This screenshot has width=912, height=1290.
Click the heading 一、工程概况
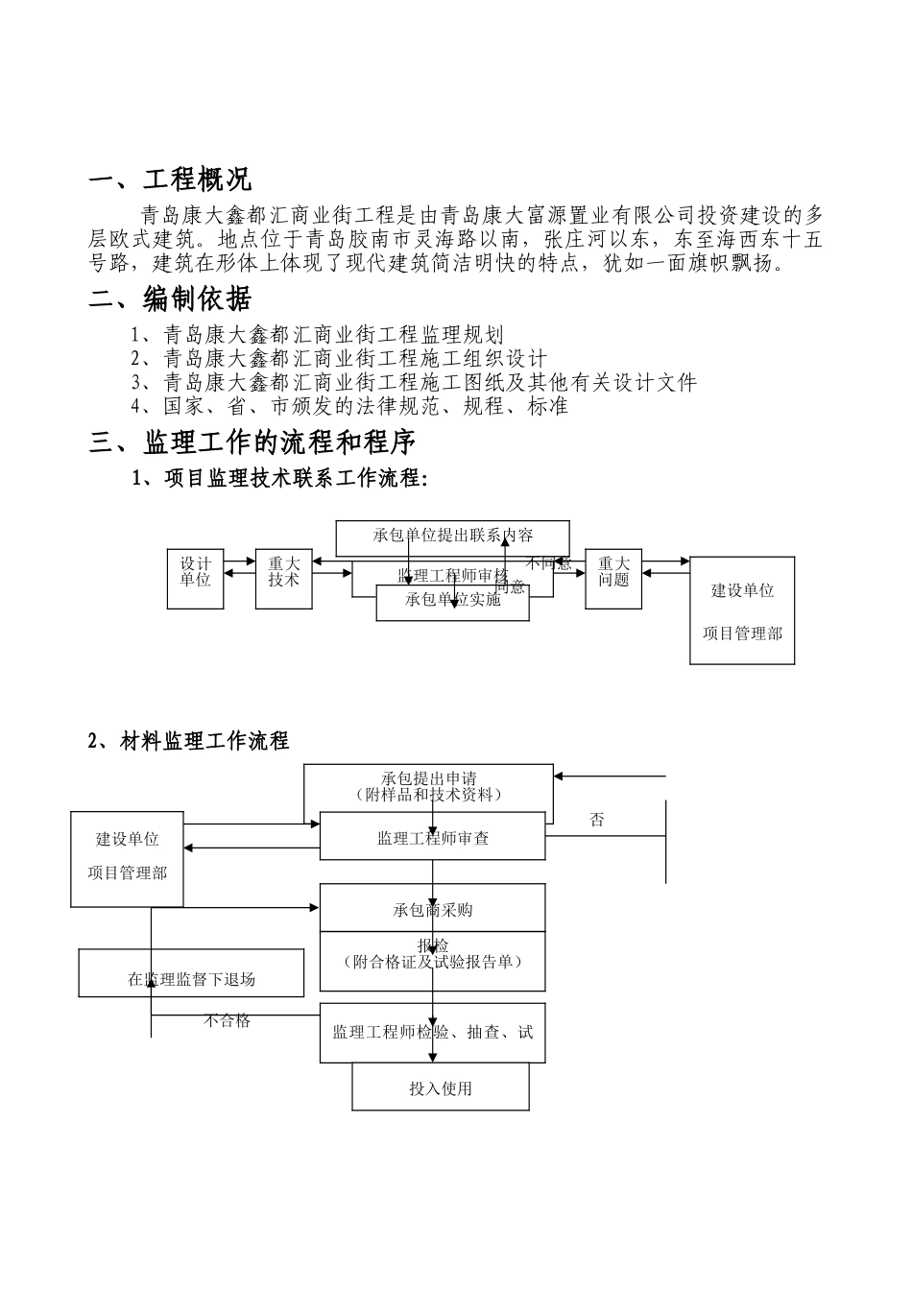pyautogui.click(x=170, y=179)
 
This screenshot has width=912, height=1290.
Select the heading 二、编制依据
pyautogui.click(x=170, y=299)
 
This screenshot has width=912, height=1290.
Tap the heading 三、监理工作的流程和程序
pyautogui.click(x=252, y=442)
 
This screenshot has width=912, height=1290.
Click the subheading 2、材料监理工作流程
pyautogui.click(x=188, y=741)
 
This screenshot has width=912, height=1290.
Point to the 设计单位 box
pyautogui.click(x=196, y=580)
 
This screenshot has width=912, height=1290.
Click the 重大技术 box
pyautogui.click(x=284, y=580)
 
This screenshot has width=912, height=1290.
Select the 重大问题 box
pyautogui.click(x=613, y=580)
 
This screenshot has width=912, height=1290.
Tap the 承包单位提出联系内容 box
pyautogui.click(x=452, y=536)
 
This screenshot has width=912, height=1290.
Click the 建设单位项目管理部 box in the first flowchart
pyautogui.click(x=742, y=611)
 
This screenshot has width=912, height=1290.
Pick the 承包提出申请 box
pyautogui.click(x=428, y=786)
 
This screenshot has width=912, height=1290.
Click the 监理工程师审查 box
pyautogui.click(x=432, y=837)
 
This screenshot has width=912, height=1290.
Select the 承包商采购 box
pyautogui.click(x=432, y=909)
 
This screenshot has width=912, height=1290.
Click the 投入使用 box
pyautogui.click(x=441, y=1088)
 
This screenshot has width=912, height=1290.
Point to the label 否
pyautogui.click(x=597, y=821)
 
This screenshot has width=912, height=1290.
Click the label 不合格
pyautogui.click(x=227, y=1021)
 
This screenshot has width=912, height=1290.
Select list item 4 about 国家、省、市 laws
pyautogui.click(x=350, y=406)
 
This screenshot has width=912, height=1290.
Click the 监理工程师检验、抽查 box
pyautogui.click(x=432, y=1033)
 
